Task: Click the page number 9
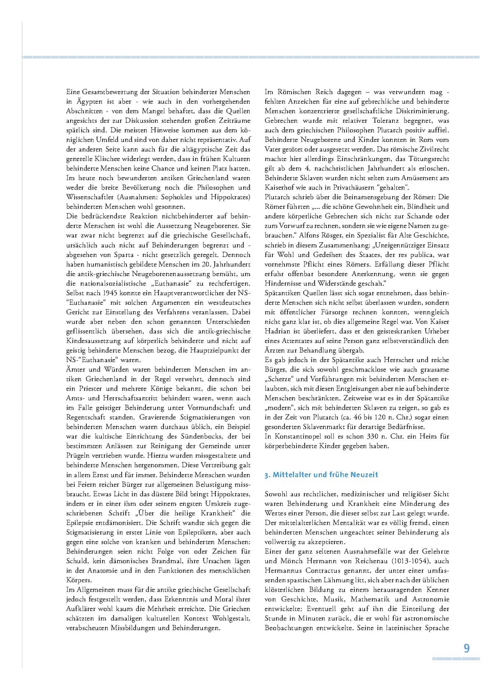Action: tap(467, 648)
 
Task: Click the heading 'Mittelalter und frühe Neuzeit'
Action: tap(325, 475)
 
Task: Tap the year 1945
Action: tap(113, 293)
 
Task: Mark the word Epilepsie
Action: tap(83, 523)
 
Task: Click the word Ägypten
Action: tap(90, 102)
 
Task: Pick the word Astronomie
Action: tap(430, 599)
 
